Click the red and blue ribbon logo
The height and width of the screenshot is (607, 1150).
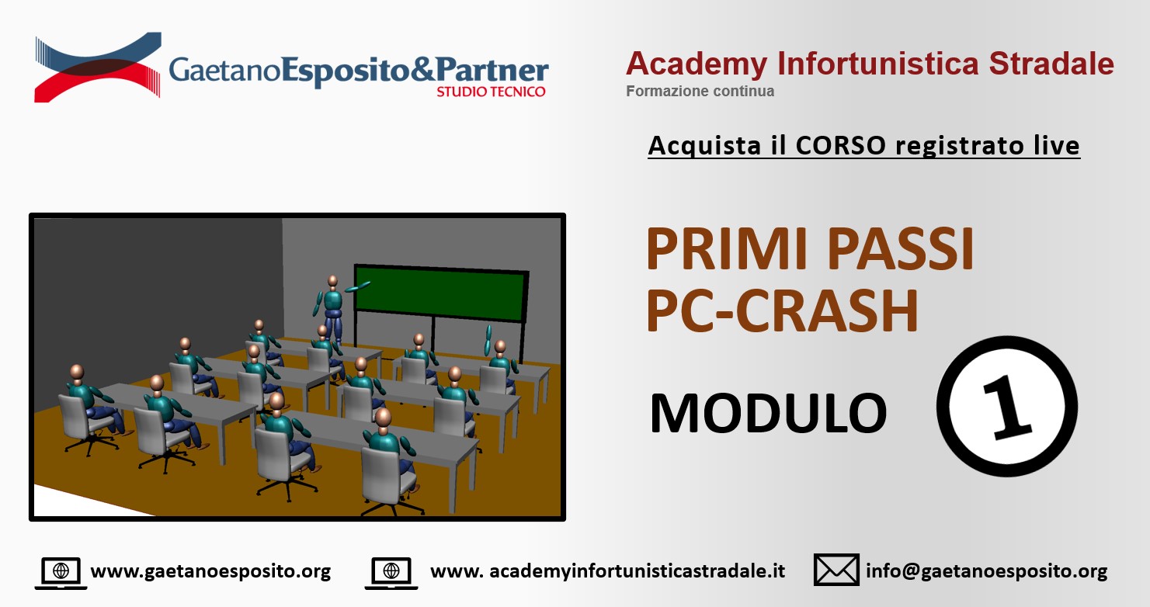98,67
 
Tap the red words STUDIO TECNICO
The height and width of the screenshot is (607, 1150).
491,92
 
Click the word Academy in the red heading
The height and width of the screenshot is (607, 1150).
697,65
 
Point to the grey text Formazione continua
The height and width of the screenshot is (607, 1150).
700,91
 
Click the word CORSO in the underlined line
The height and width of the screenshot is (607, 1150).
841,145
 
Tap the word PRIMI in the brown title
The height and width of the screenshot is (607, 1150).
729,249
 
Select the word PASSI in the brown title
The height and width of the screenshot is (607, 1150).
901,249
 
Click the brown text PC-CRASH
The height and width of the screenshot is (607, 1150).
782,311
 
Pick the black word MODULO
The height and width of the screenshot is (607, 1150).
768,413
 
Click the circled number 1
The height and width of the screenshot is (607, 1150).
1007,407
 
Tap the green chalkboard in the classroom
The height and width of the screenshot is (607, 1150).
440,293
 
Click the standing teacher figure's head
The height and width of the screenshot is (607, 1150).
332,281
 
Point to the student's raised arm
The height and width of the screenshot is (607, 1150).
488,339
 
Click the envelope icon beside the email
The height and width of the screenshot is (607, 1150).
836,570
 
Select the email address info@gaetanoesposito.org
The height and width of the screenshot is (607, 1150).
987,571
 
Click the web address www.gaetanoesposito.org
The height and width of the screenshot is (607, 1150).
210,571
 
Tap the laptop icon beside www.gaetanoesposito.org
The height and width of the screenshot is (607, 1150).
61,573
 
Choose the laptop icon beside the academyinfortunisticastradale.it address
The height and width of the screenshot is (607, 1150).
391,573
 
